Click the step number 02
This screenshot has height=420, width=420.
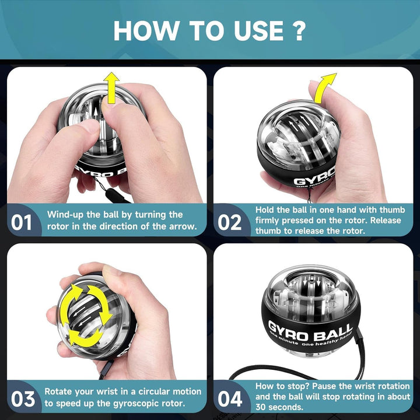click(x=230, y=223)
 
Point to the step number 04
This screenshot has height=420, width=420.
click(x=230, y=399)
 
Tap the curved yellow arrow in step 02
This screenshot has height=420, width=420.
click(x=324, y=87)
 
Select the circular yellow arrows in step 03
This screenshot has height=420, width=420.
click(x=88, y=313)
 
